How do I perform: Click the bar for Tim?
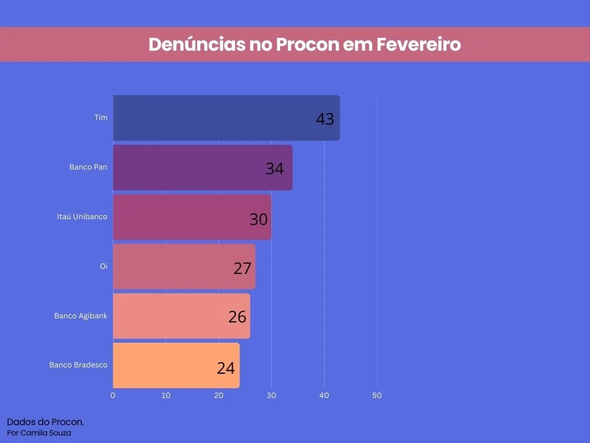226,118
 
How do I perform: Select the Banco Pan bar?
202,167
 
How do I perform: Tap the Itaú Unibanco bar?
192,217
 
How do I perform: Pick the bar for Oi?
184,266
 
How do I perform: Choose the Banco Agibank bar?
181,316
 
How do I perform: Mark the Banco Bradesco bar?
176,366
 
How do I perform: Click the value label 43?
325,119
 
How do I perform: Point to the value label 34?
274,169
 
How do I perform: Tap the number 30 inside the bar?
258,219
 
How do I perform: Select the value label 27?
242,268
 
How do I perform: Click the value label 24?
226,368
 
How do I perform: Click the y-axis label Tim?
101,118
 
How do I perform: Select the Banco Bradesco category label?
78,365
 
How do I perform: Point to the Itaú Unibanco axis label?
82,217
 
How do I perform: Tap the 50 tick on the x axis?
377,396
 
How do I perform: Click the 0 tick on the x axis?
113,396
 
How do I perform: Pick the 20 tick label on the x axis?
218,396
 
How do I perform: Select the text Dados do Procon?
46,422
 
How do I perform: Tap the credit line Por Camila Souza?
39,433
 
